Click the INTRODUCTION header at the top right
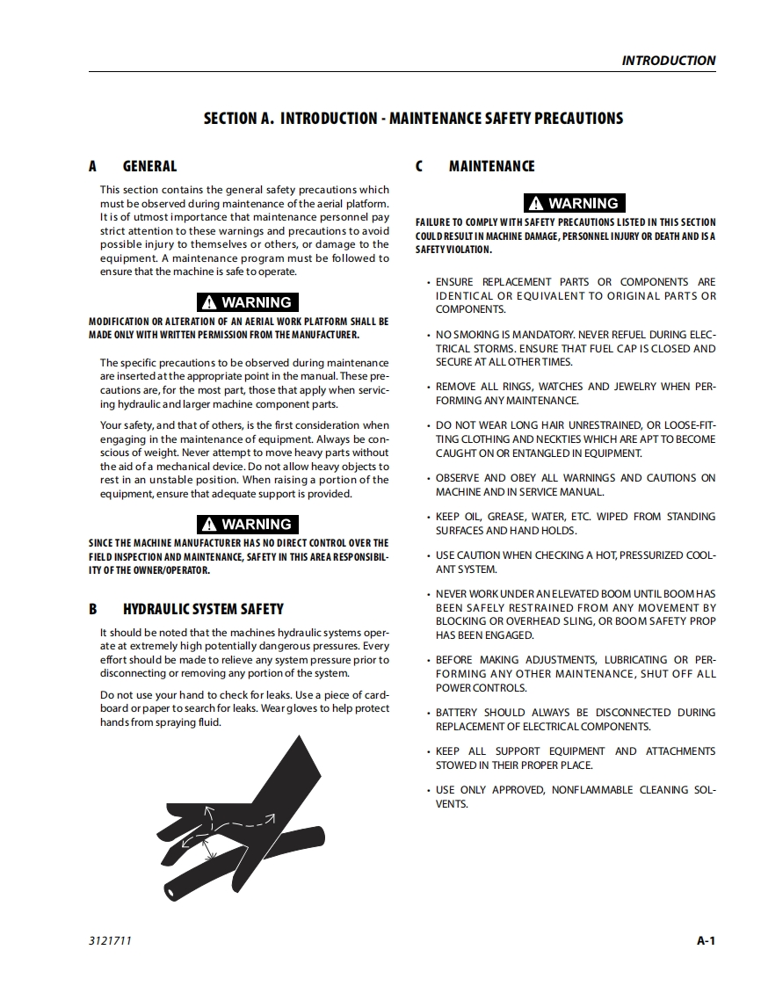tap(668, 61)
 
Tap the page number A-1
tap(706, 941)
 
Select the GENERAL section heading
tap(149, 166)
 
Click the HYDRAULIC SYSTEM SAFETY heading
tap(203, 609)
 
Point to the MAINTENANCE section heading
tap(491, 166)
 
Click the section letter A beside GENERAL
tap(93, 166)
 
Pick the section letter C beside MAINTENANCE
tap(420, 166)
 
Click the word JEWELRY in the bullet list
tap(638, 387)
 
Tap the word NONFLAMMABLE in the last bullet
tap(591, 790)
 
